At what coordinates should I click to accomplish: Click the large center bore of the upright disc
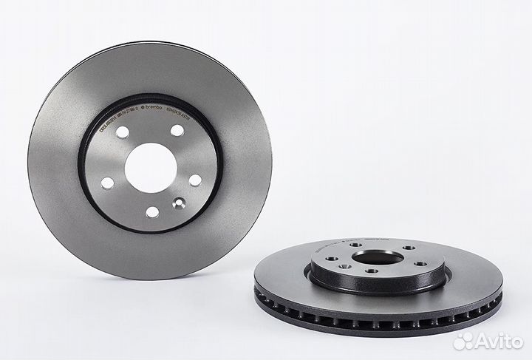click(x=150, y=168)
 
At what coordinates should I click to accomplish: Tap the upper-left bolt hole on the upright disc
click(x=123, y=132)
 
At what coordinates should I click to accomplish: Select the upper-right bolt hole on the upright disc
click(x=177, y=131)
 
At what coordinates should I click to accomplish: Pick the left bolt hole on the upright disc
click(x=107, y=183)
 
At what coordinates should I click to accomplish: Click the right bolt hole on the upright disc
click(x=195, y=180)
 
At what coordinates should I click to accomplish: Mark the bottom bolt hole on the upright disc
click(x=152, y=212)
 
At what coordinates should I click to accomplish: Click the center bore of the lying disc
click(x=378, y=257)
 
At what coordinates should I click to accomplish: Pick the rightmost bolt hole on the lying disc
click(x=420, y=263)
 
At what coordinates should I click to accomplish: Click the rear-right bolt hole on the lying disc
click(x=408, y=248)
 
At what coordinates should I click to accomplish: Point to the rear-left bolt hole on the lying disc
click(x=355, y=246)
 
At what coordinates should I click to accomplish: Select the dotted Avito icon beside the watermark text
click(x=463, y=341)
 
